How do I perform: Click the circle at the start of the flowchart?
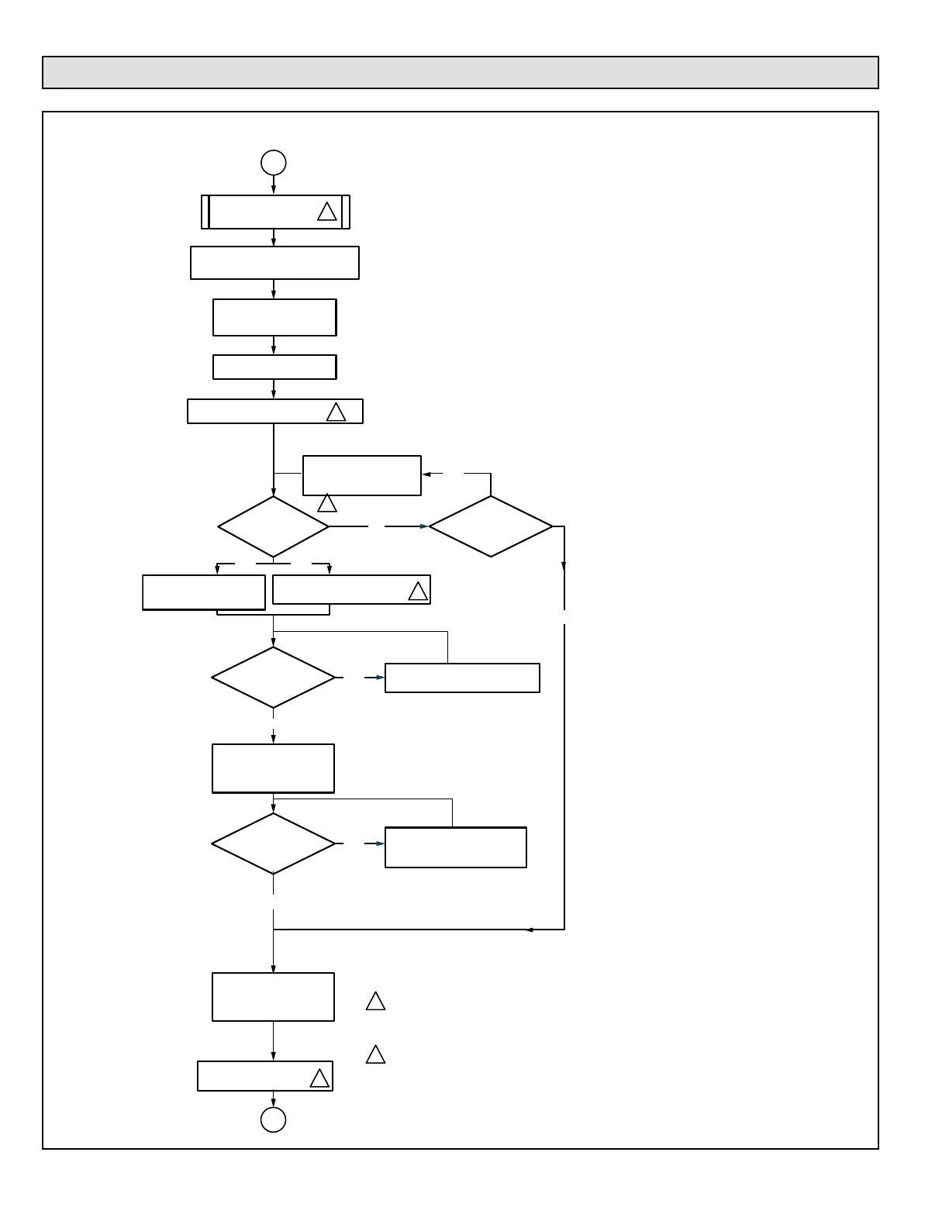coord(274,163)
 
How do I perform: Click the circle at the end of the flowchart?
coord(273,1119)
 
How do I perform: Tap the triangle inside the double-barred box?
coord(327,212)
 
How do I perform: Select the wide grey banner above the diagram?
coord(460,72)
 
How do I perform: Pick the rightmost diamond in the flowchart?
coord(491,526)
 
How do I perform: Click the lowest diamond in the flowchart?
coord(273,843)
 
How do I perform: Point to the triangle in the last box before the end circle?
coord(319,1078)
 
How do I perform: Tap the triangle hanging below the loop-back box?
coord(327,504)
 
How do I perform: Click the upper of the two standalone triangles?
coord(375,1002)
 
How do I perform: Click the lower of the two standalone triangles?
coord(375,1055)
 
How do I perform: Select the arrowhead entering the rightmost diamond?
coord(424,526)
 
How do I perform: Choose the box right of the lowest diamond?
coord(456,847)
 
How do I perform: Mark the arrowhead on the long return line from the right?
coord(529,929)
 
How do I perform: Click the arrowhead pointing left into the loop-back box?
coord(426,474)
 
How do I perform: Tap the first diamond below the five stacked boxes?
coord(273,526)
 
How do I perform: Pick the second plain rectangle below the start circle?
coord(274,317)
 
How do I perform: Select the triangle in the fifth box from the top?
coord(336,412)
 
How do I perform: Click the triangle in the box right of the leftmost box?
coord(418,592)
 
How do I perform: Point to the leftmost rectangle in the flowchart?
coord(204,592)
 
